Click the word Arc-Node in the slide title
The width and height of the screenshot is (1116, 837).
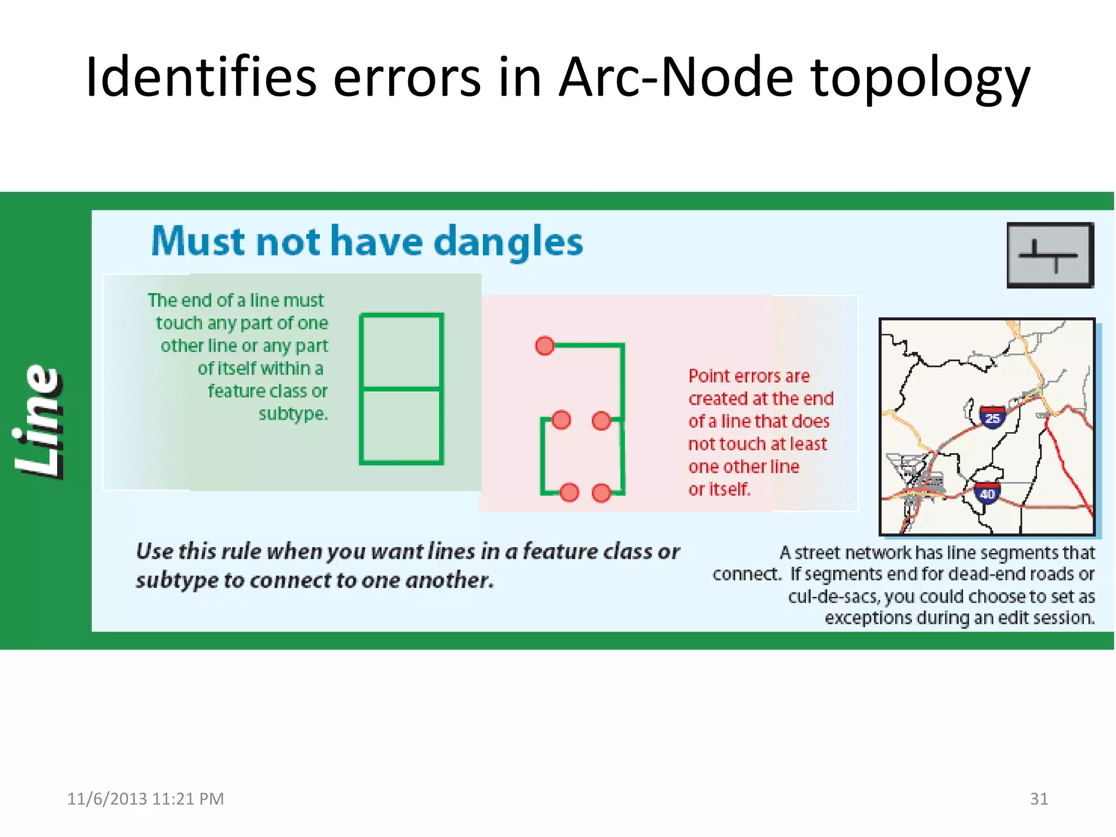coord(676,77)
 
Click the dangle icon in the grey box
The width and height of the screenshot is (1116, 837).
coord(1049,255)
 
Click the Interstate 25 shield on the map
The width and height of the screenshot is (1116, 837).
coord(992,417)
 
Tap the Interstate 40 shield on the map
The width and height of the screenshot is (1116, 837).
coord(987,493)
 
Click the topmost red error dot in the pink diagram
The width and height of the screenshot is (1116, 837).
coord(544,345)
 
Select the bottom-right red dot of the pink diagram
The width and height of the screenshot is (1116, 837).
coord(601,493)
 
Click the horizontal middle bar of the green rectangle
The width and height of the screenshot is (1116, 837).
coord(401,389)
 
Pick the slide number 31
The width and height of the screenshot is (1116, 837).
coord(1039,798)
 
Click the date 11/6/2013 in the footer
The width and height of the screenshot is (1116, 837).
coord(107,799)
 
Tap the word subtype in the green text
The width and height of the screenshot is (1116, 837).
coord(292,414)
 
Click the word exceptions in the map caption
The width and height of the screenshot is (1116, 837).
coord(868,618)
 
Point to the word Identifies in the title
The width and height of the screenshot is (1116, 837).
coord(201,77)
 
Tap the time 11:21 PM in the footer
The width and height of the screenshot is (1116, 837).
coord(188,799)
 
